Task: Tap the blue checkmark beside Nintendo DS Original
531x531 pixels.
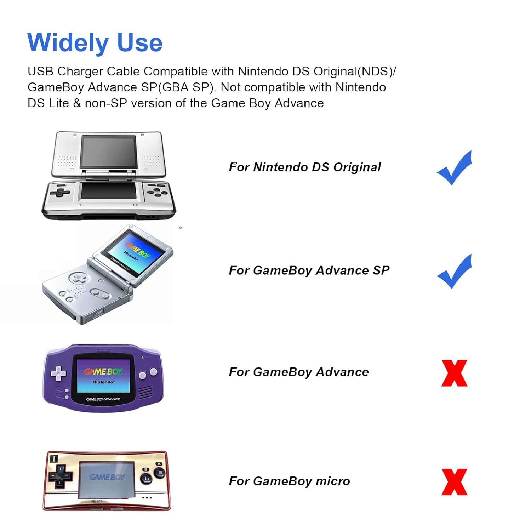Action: [x=454, y=168]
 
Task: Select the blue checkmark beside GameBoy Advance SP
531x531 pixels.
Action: [x=454, y=272]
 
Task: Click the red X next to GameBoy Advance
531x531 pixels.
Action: [x=454, y=373]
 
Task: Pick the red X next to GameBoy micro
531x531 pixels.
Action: [x=454, y=482]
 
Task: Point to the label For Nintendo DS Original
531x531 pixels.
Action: [x=305, y=167]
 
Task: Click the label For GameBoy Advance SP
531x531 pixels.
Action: [x=309, y=270]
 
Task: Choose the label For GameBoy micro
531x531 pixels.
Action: [x=289, y=481]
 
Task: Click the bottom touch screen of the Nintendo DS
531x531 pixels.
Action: [x=109, y=191]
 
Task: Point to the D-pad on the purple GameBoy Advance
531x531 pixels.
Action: [x=59, y=373]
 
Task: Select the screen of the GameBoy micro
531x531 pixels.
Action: [x=107, y=480]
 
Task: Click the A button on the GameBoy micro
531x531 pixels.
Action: [x=160, y=472]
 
